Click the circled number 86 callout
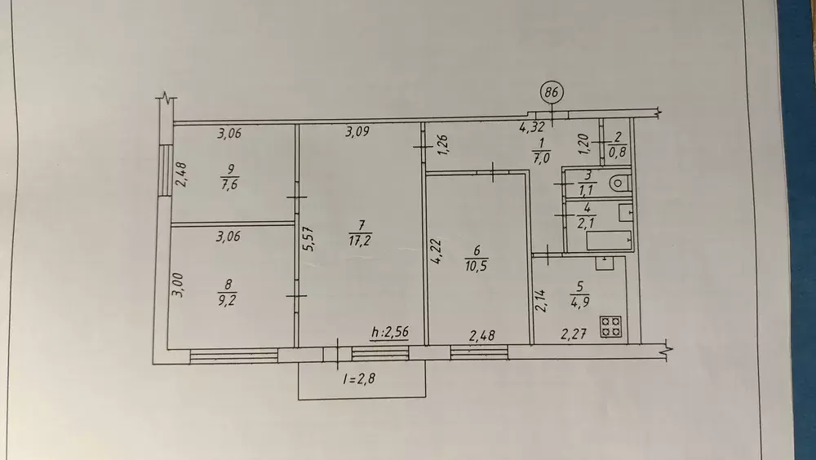click(552, 93)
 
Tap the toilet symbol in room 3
click(620, 184)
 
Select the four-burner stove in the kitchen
click(611, 327)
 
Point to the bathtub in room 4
click(609, 241)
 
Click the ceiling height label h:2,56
click(390, 332)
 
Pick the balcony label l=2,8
click(359, 378)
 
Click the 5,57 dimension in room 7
click(309, 239)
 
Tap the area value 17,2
click(360, 241)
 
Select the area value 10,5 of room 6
click(477, 266)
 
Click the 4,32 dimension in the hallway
click(532, 126)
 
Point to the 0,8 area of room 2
click(617, 153)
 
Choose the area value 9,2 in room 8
click(228, 300)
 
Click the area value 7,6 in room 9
click(229, 184)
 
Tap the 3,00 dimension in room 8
click(178, 285)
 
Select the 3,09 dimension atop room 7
click(357, 131)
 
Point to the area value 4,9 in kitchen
click(579, 303)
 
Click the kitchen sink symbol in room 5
click(605, 263)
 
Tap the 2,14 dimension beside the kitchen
click(541, 300)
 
